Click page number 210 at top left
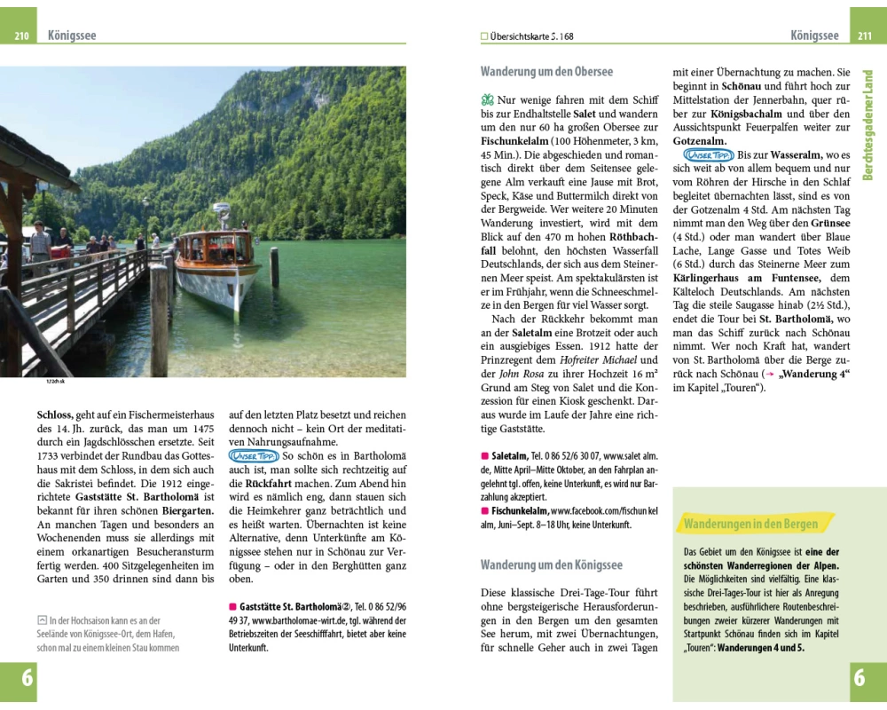[22, 36]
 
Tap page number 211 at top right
[865, 36]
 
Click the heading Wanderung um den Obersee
[546, 72]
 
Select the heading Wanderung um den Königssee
[551, 564]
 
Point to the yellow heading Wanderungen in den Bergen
[750, 524]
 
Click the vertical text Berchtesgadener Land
[868, 124]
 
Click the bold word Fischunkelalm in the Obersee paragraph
[518, 141]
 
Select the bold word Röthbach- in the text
[633, 237]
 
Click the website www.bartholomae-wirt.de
[291, 620]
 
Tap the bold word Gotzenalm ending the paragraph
[700, 141]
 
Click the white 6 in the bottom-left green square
[27, 679]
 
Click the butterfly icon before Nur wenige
[486, 100]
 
